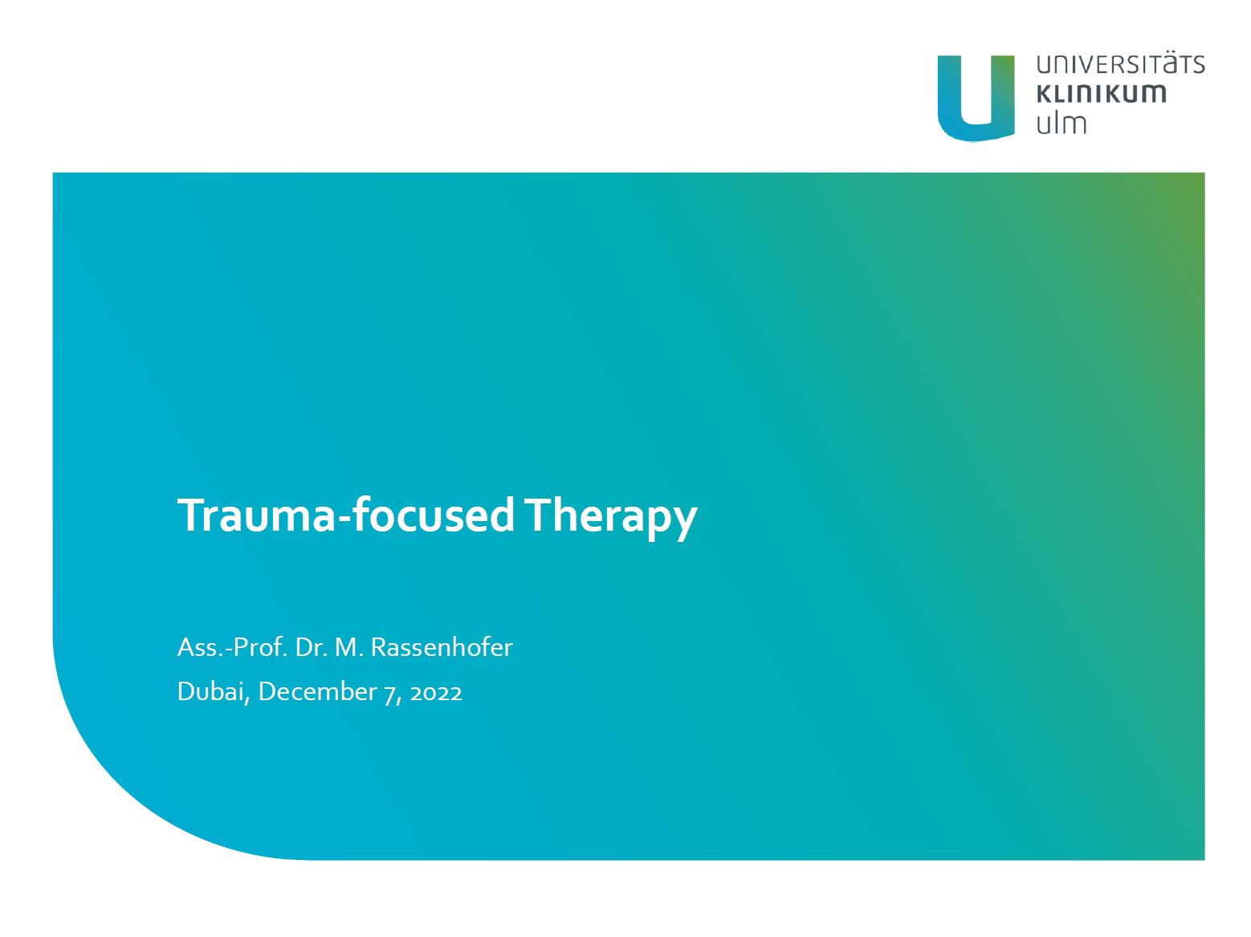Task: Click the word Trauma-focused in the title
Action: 345,514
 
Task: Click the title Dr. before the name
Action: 312,646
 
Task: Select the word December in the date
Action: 317,691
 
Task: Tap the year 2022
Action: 435,693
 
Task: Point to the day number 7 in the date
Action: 389,695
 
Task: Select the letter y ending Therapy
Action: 684,522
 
